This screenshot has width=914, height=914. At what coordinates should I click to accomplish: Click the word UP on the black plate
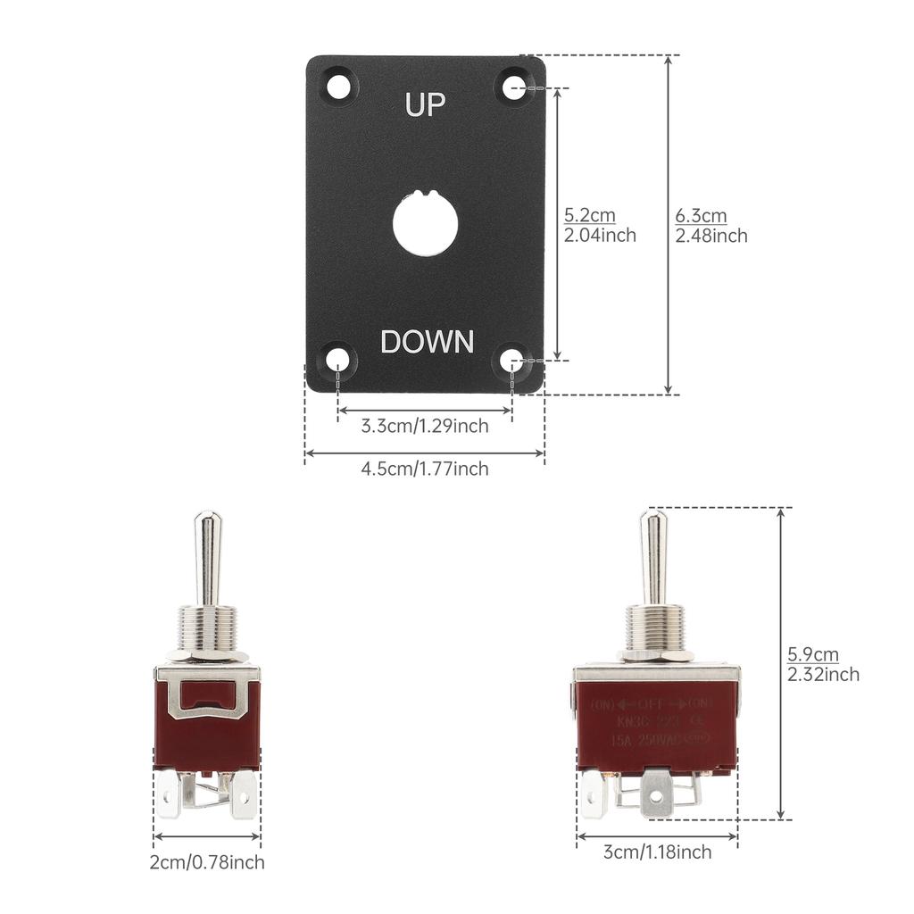coord(425,104)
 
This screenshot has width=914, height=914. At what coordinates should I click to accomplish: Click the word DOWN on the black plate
coord(427,341)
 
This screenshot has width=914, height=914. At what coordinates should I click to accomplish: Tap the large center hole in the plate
coord(425,221)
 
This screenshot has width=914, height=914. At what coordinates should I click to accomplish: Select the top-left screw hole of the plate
coord(338,87)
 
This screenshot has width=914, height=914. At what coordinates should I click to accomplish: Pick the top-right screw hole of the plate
coord(513,87)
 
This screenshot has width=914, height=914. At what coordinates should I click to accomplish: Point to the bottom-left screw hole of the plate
coord(337,360)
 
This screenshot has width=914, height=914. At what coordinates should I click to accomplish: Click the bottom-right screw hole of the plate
coord(511,360)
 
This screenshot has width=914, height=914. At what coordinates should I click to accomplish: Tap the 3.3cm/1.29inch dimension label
coord(425,426)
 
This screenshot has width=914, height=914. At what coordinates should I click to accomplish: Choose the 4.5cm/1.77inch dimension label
coord(425,469)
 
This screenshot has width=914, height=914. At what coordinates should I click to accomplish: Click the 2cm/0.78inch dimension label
coord(207,862)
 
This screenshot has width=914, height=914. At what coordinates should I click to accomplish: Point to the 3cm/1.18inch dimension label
coord(658,852)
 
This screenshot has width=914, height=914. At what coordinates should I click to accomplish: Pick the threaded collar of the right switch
coord(654,627)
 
